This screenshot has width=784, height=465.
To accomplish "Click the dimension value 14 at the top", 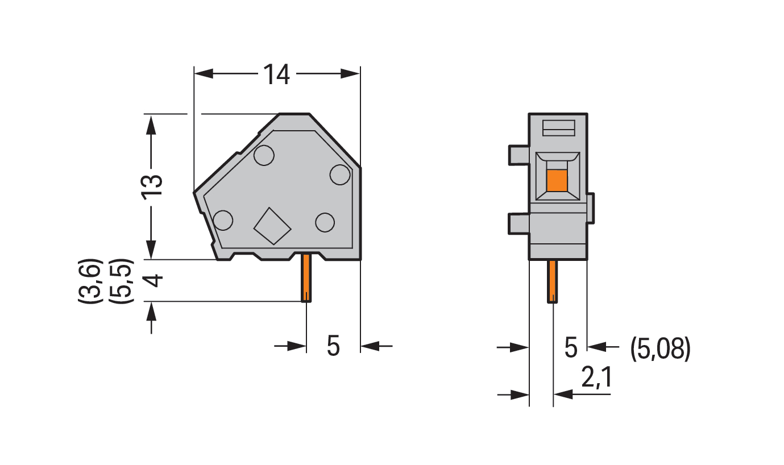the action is (276, 74).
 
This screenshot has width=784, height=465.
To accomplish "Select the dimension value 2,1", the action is (596, 377).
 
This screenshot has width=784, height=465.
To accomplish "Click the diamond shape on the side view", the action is (272, 226).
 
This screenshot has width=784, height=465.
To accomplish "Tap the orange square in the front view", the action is (557, 181).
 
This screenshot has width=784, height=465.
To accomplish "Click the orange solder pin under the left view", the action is (306, 278).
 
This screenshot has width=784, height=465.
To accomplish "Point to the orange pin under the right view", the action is (553, 281).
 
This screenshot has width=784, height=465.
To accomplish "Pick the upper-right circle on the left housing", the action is (340, 175).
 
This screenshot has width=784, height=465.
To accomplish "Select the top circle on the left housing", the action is (264, 155).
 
